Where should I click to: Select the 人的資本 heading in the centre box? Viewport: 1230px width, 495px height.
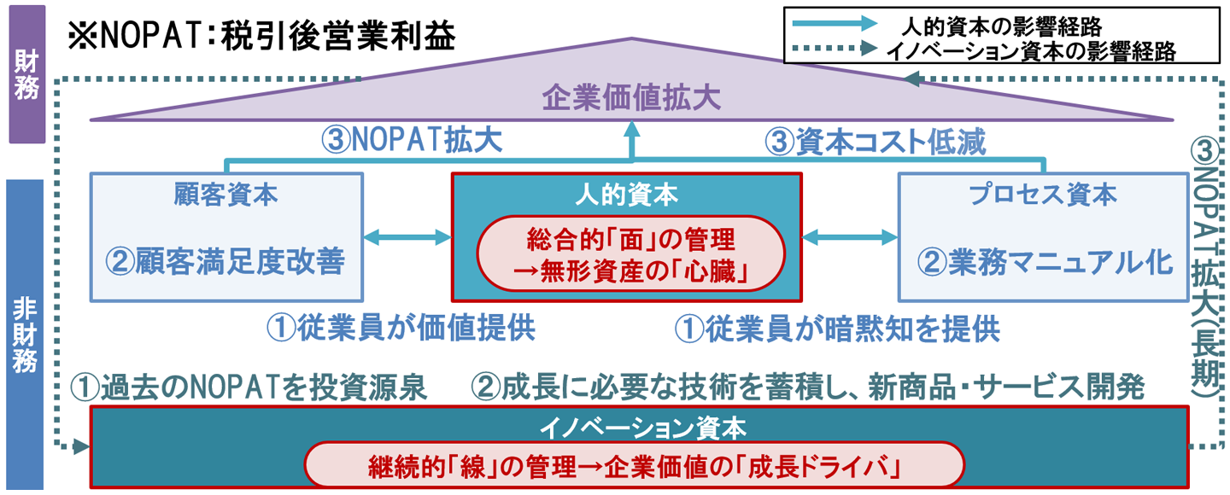(626, 195)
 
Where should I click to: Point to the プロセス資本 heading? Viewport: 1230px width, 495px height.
(1043, 195)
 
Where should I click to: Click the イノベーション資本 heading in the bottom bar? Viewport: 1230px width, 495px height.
(638, 425)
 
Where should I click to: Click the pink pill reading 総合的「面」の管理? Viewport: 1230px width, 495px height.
(630, 251)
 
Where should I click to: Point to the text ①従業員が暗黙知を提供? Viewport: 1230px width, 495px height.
(837, 329)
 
